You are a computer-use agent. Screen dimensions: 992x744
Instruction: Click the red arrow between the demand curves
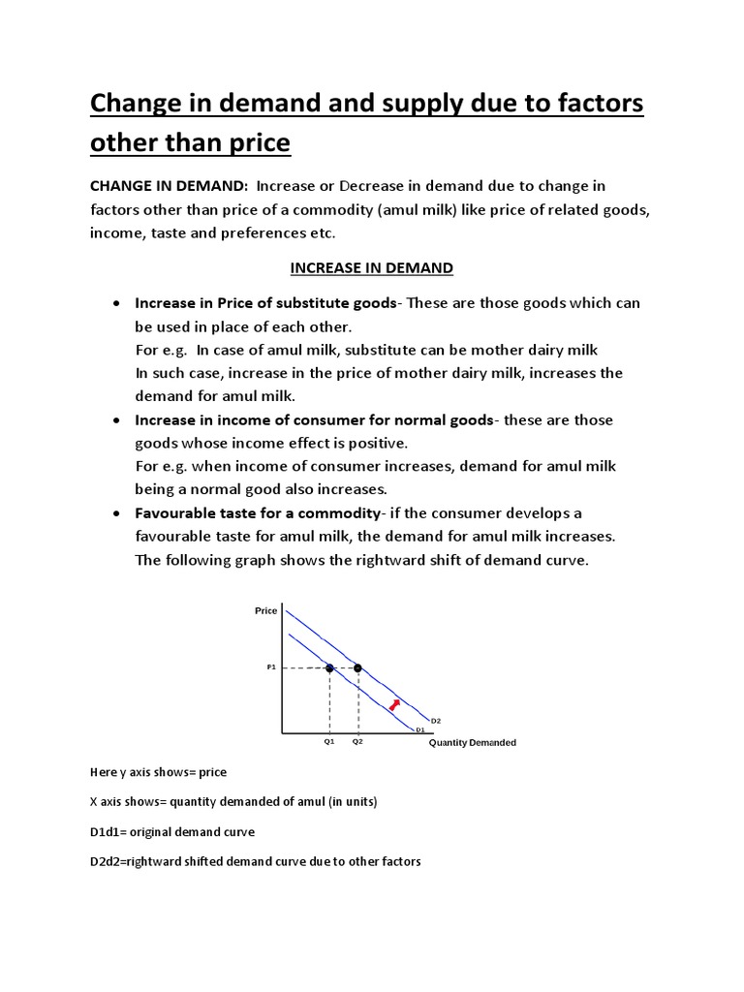(392, 703)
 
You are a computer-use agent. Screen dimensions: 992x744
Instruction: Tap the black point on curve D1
(329, 667)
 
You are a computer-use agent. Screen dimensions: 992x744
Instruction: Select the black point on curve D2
(357, 667)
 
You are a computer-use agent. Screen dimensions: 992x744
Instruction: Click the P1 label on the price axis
(271, 667)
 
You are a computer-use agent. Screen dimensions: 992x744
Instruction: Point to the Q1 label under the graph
(329, 741)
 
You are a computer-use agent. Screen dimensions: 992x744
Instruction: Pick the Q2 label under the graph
(357, 741)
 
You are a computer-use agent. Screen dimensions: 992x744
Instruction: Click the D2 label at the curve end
(436, 721)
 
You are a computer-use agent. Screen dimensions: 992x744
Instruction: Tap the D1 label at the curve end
(420, 729)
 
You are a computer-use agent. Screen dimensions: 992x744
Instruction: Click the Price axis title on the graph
(265, 610)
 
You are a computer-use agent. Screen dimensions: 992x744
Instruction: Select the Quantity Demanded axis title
(473, 743)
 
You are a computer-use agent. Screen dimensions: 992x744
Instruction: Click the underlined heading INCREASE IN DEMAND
(373, 267)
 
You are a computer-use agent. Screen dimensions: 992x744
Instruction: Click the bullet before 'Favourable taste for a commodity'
(115, 512)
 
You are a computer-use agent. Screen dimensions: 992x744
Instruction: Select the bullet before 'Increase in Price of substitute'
(115, 303)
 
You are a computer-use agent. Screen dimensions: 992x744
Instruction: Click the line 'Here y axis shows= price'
(158, 772)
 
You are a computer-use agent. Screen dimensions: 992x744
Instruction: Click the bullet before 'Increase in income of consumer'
(115, 419)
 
